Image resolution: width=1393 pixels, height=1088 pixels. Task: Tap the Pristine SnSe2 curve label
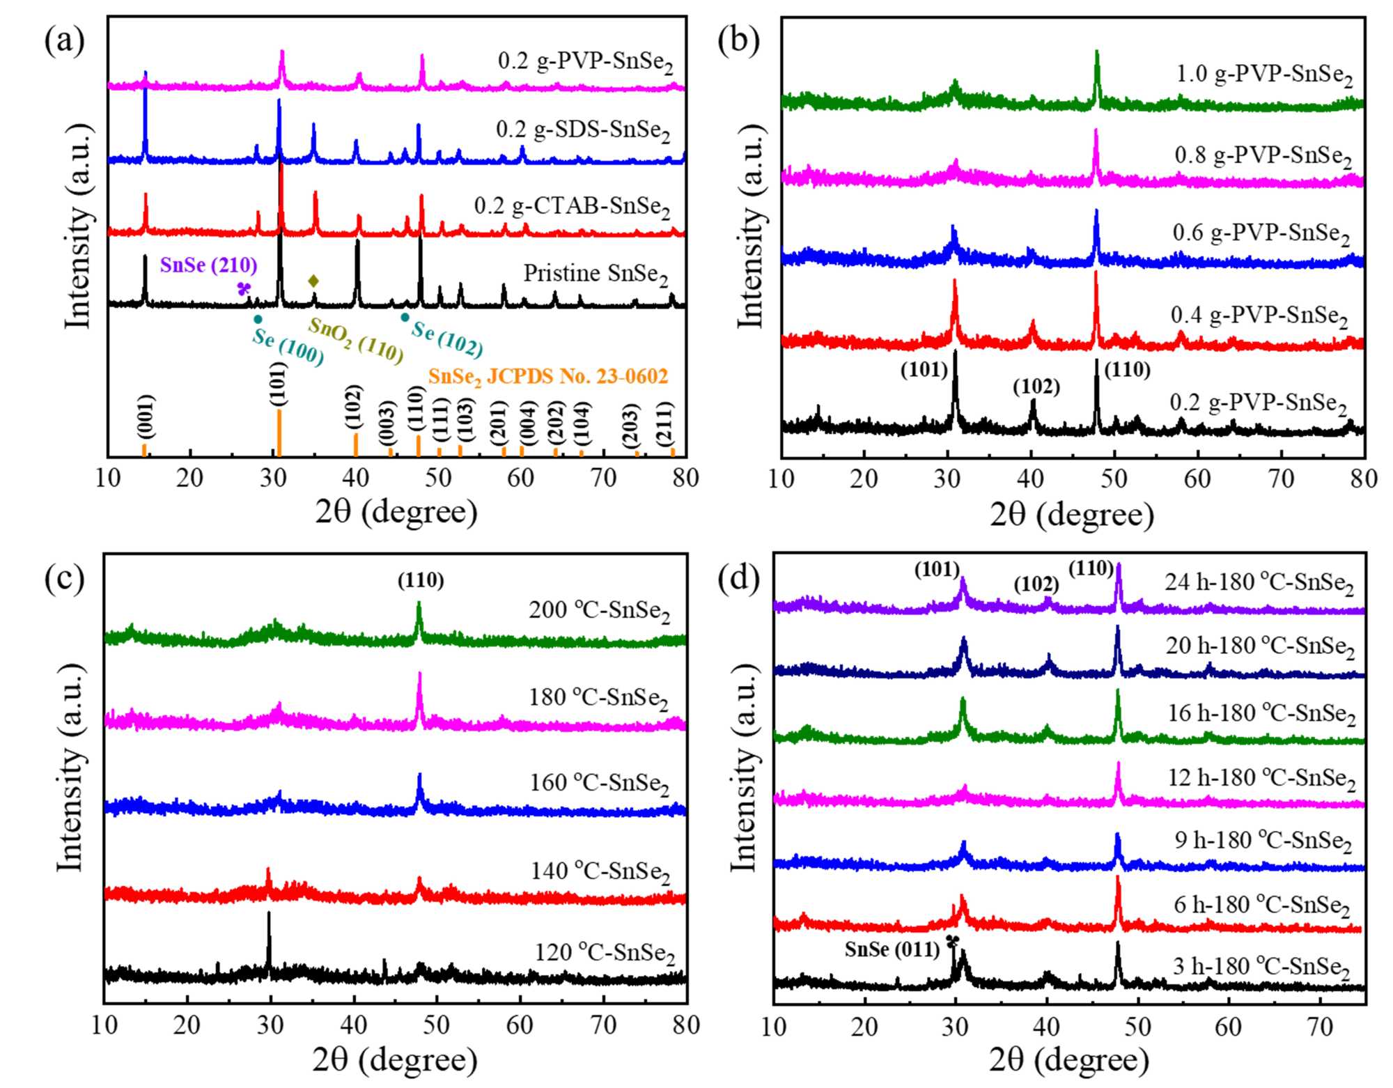[x=596, y=274]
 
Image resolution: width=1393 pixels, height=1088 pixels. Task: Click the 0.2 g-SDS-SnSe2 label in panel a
[x=583, y=130]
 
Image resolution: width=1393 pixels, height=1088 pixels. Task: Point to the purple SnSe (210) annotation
[x=208, y=265]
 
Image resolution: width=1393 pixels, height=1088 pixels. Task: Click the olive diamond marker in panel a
[x=313, y=281]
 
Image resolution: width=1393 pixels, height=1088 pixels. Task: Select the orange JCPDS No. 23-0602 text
[x=548, y=377]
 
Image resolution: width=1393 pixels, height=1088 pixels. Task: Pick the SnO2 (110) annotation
[x=356, y=341]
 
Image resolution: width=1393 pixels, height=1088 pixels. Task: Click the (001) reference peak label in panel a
[x=146, y=416]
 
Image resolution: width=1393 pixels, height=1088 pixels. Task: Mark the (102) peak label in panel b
[x=1036, y=387]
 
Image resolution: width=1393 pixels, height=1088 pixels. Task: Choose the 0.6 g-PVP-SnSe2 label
[x=1261, y=233]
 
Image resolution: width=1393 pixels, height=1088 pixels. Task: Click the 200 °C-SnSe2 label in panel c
[x=599, y=611]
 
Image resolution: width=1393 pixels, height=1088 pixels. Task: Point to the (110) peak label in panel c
[x=421, y=580]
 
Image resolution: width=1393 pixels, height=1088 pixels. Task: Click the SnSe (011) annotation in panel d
[x=892, y=949]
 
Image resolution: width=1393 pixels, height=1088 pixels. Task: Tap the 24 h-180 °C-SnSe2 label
[x=1259, y=583]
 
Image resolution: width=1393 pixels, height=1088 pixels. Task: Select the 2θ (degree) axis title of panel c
[x=395, y=1061]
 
